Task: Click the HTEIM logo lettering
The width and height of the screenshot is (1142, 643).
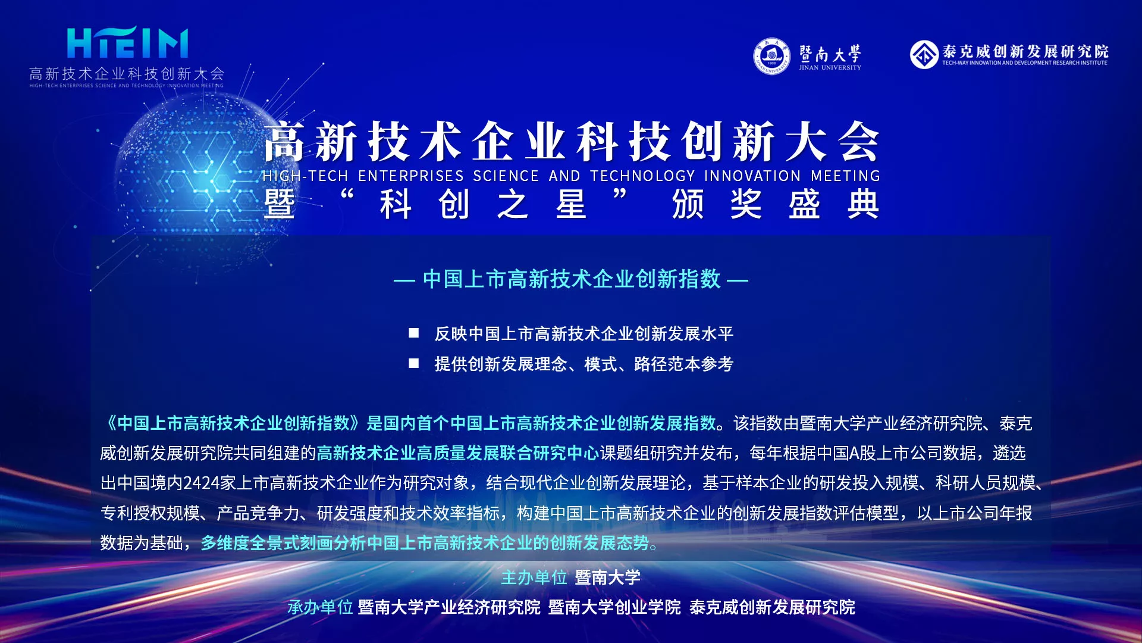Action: [127, 43]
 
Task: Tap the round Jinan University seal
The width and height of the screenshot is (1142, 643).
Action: [771, 57]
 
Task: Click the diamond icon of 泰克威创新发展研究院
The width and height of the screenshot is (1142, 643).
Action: [924, 55]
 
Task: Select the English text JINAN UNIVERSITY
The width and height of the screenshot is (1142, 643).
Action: [830, 68]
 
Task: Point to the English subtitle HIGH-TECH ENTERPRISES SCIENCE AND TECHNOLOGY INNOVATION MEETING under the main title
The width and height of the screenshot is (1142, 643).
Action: [571, 176]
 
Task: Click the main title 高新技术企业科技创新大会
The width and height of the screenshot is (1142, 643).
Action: [572, 141]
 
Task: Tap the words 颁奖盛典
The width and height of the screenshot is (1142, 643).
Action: [776, 204]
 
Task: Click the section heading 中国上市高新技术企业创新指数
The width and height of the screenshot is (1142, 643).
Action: [572, 279]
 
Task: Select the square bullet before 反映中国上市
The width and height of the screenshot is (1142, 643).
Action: [414, 333]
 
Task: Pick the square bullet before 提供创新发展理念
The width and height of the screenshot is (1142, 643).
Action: [414, 363]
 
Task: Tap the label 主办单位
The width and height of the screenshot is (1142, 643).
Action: [534, 578]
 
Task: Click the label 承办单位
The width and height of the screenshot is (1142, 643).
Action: [320, 607]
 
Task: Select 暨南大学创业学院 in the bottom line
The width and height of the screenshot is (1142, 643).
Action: [614, 607]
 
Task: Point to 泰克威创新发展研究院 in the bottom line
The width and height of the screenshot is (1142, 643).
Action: [772, 607]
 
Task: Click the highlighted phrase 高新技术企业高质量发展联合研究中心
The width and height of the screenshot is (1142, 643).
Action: [458, 453]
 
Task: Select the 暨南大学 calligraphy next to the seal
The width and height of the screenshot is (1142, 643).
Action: [830, 54]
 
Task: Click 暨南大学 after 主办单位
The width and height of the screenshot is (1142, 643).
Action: [608, 578]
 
